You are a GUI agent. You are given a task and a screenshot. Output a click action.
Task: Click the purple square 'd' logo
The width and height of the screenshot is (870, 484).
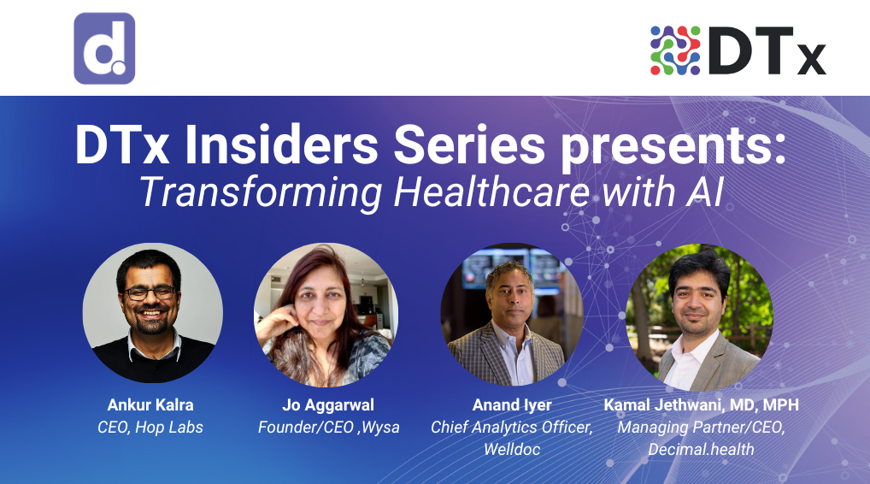pos(104,49)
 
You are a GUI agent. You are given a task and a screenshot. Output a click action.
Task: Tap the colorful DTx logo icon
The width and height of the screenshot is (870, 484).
pos(675,50)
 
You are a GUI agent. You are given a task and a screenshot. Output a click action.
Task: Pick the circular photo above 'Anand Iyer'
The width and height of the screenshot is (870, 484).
pos(511,314)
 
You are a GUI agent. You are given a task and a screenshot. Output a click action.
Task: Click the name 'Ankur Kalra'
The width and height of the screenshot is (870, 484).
pos(150,404)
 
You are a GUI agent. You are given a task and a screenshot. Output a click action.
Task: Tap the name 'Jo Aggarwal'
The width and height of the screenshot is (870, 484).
pos(328,404)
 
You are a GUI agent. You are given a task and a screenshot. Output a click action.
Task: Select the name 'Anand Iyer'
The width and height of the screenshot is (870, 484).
pos(511,404)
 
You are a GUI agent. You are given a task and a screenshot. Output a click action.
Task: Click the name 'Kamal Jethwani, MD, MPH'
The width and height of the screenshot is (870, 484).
pos(701,404)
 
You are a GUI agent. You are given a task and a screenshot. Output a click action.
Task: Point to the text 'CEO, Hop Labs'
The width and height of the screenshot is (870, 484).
pos(150,427)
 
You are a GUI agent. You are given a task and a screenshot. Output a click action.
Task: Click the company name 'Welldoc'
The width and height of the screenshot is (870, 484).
pos(511,448)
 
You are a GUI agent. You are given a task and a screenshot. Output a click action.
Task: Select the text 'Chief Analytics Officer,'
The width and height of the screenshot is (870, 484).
pos(511,427)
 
